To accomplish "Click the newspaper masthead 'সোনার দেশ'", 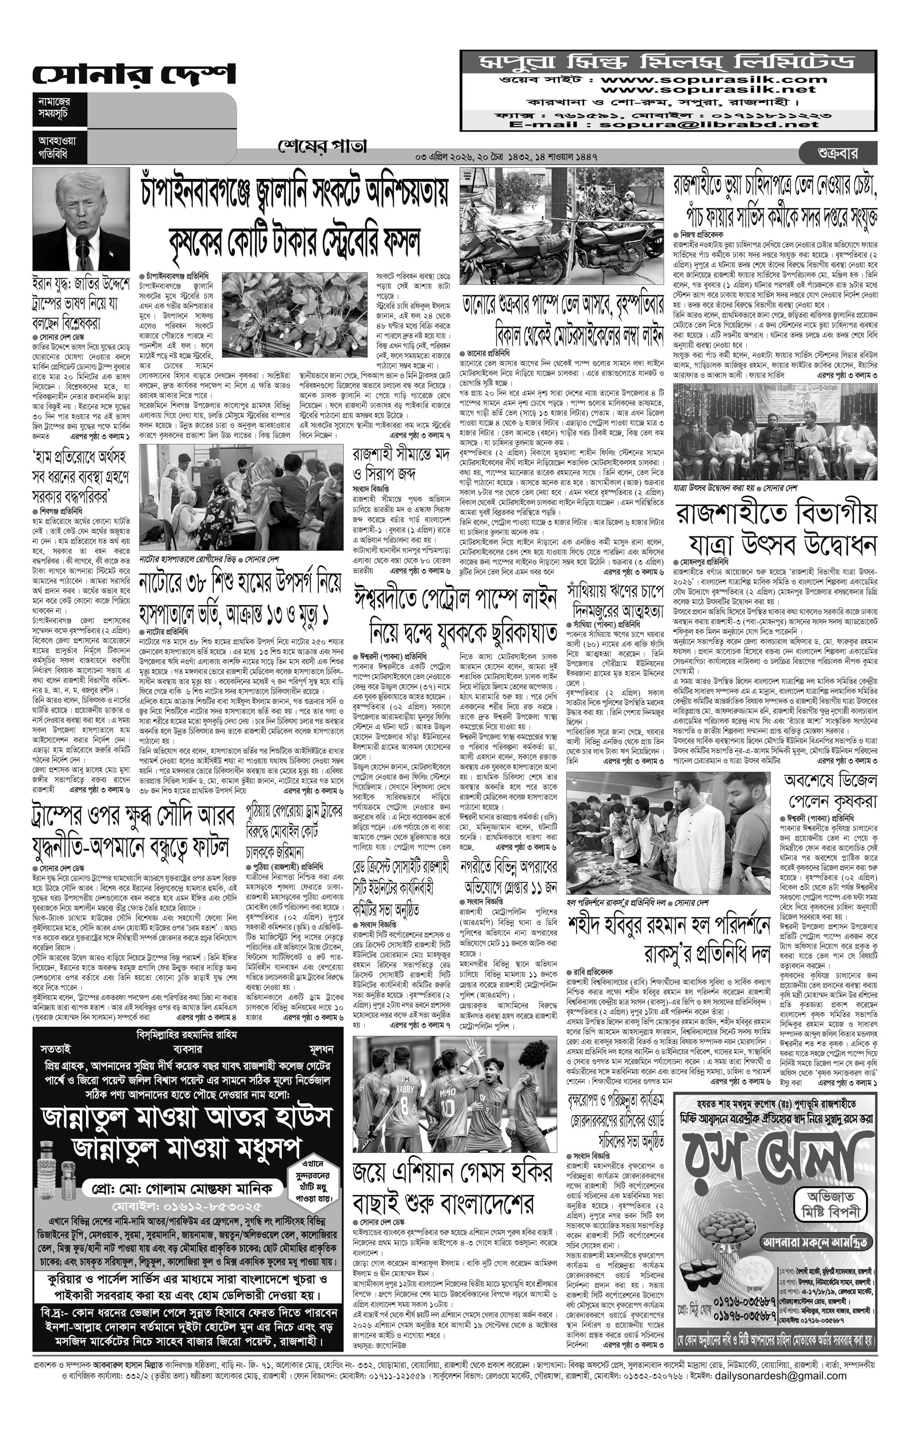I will pos(134,74).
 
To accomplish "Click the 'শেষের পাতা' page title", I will pos(323,146).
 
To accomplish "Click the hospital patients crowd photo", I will pos(241,497).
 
